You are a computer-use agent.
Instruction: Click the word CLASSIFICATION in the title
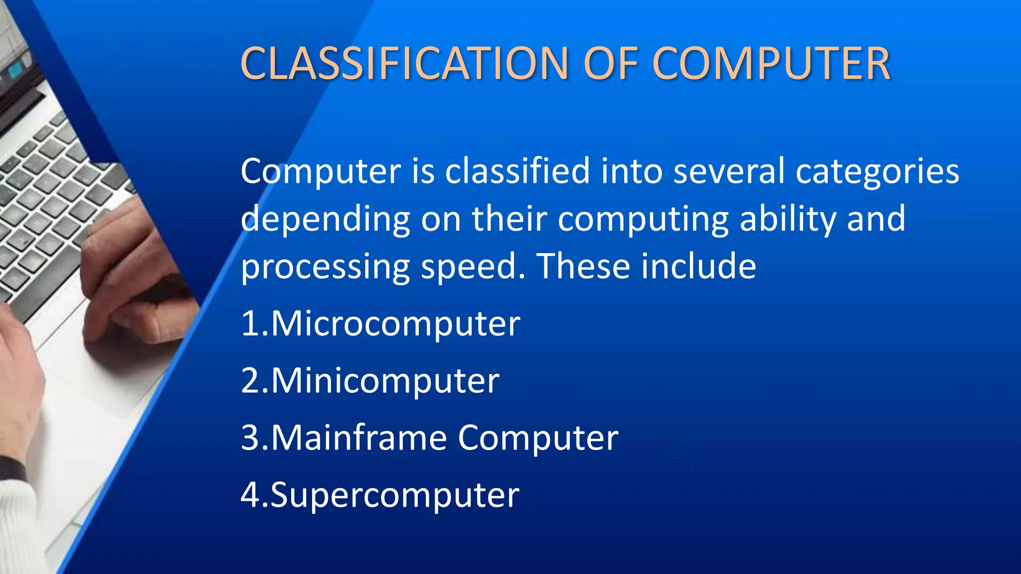pos(404,63)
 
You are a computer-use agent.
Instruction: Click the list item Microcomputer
pos(395,324)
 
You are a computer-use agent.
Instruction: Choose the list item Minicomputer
pos(385,381)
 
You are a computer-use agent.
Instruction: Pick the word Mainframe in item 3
pos(359,438)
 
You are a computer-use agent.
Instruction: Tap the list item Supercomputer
pos(395,495)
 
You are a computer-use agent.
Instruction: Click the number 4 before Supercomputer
pos(249,495)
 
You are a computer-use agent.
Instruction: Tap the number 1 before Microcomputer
pos(249,324)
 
